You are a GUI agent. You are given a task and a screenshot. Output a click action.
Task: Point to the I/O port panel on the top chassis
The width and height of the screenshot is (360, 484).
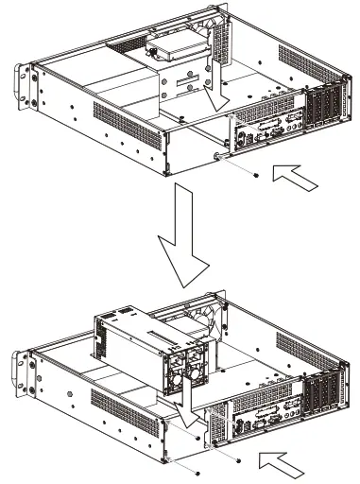267,131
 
